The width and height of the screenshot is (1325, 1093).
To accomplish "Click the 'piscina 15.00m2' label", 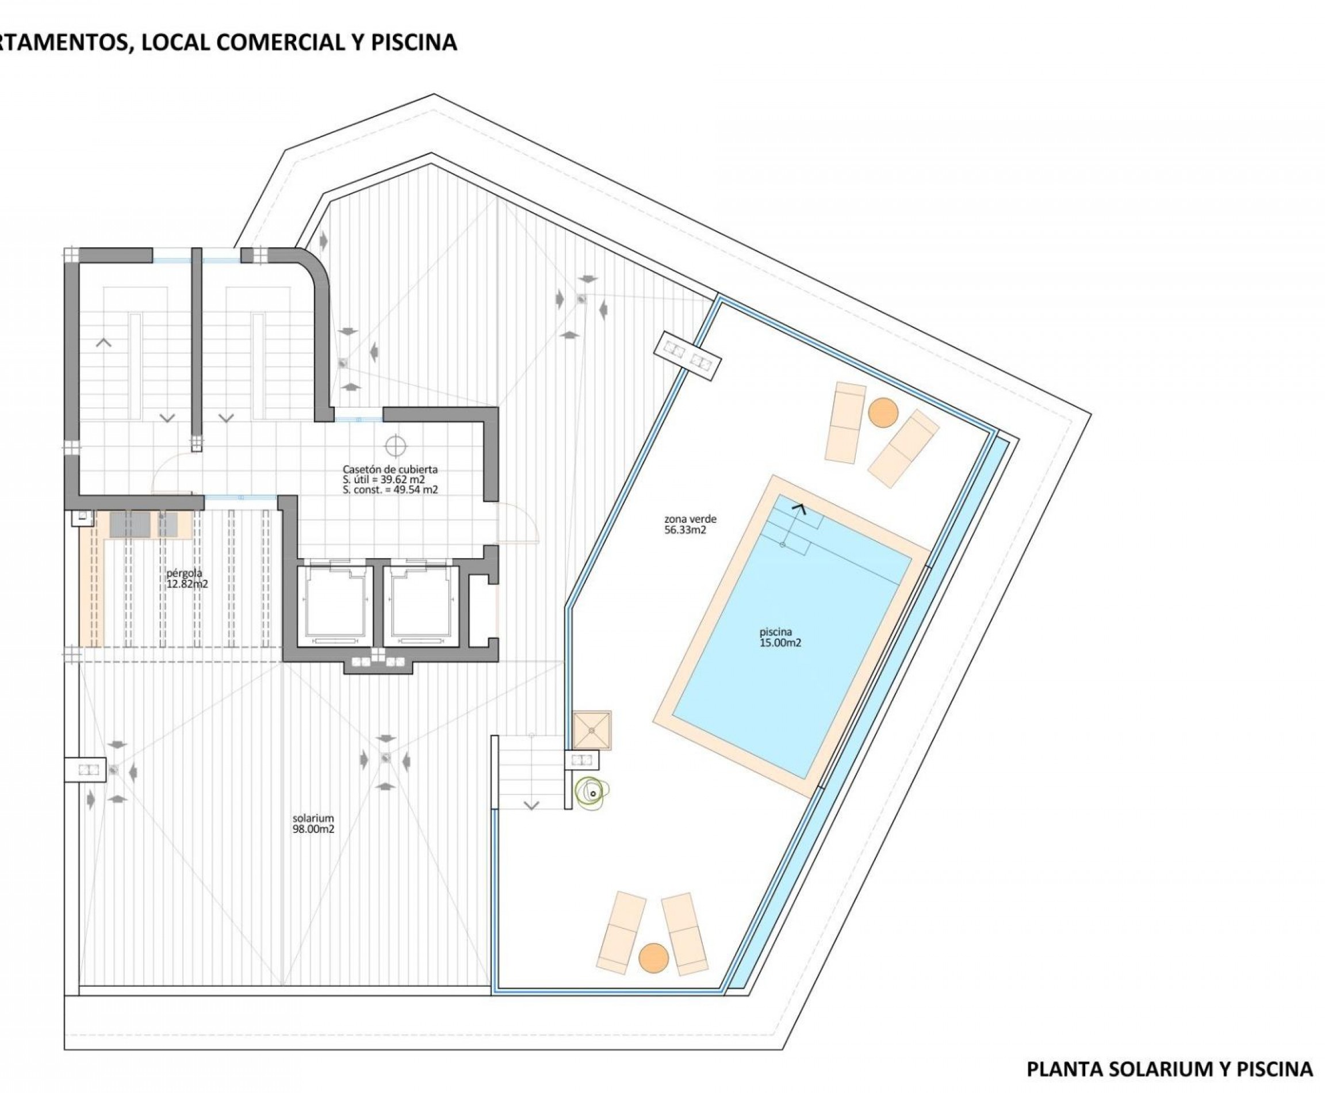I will click(780, 637).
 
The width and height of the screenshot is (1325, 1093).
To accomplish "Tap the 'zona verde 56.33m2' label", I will click(690, 524).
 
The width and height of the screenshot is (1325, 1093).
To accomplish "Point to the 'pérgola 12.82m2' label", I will click(187, 578).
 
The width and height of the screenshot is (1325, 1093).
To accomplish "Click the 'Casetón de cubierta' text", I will click(390, 469).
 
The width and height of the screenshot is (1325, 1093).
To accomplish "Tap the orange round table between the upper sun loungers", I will click(883, 413).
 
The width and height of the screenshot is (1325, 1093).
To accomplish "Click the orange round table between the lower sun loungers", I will click(653, 958).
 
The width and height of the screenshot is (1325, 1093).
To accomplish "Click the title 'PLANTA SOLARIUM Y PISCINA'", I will click(1170, 1069).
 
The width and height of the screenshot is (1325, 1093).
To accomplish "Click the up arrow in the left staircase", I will click(104, 343).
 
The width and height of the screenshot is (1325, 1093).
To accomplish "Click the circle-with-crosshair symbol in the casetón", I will click(395, 446).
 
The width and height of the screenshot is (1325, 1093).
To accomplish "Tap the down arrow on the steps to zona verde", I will click(532, 805).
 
